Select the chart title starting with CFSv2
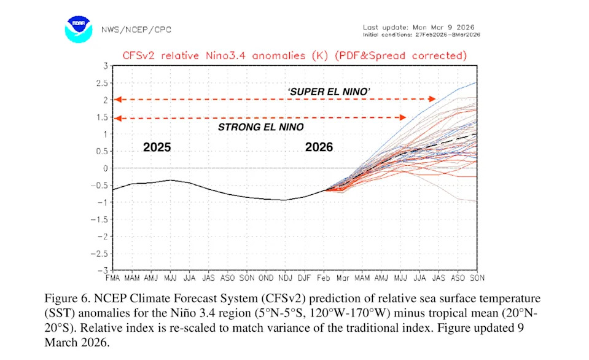coord(294,55)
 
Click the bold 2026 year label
coord(319,147)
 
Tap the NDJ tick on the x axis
coord(286,279)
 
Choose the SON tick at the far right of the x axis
coord(476,279)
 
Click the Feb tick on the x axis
coord(324,279)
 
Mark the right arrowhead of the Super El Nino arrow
coord(433,99)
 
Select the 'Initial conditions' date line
coord(421,34)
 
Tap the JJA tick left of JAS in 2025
coord(190,279)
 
